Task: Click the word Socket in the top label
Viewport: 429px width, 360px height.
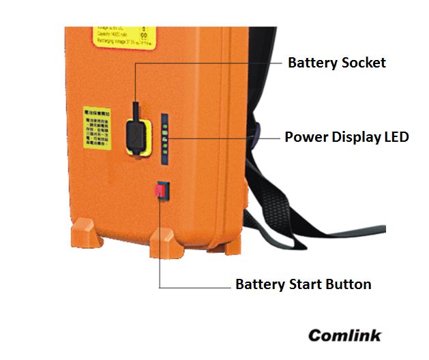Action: (x=362, y=63)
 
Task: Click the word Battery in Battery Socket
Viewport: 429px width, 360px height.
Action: (x=312, y=63)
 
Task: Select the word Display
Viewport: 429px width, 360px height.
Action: (x=354, y=137)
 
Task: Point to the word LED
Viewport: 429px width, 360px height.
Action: (x=396, y=137)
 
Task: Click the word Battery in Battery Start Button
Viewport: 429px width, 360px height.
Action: (x=259, y=284)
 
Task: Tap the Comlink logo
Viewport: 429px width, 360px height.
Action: (x=345, y=335)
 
